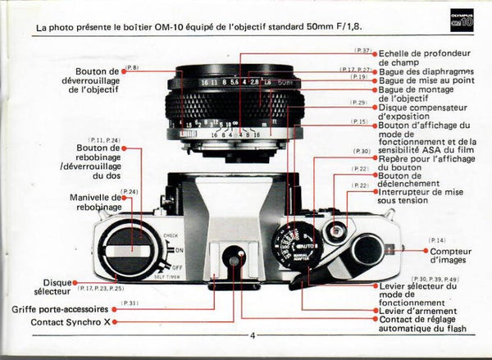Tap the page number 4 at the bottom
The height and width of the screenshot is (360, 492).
[253, 334]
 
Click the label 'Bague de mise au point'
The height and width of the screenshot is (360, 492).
[425, 81]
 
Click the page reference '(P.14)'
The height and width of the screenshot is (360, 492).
[436, 239]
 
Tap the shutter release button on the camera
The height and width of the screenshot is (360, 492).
[333, 231]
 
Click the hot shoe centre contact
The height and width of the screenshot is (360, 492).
[235, 261]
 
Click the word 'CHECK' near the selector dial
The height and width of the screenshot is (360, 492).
[170, 235]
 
